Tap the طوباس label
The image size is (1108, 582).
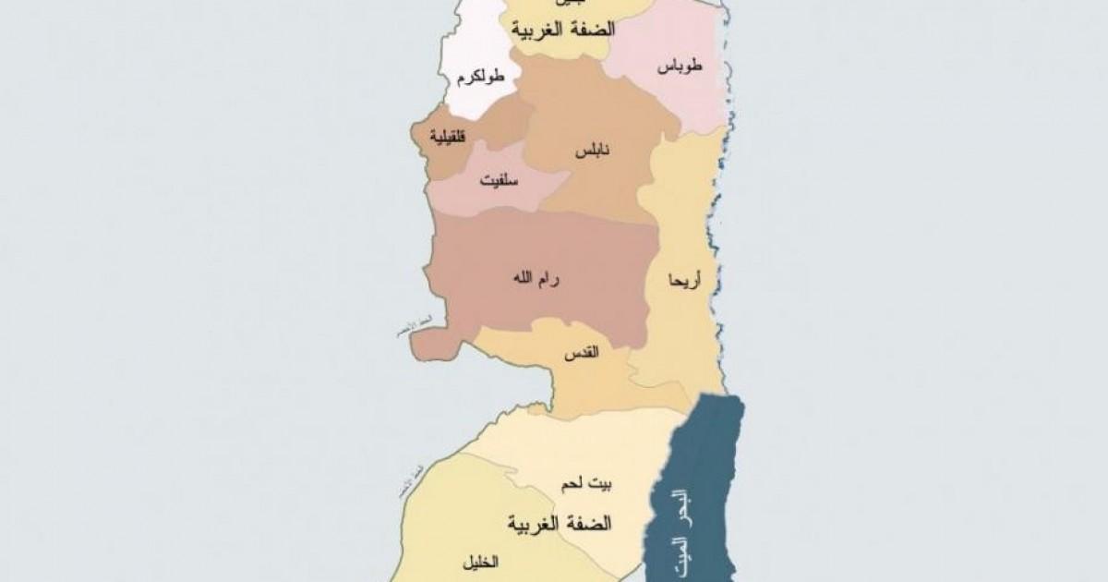681,67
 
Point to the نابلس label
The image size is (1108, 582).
588,150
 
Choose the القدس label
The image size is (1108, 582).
580,352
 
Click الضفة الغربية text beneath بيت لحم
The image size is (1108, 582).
560,524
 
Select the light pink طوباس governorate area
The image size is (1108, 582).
665,102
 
